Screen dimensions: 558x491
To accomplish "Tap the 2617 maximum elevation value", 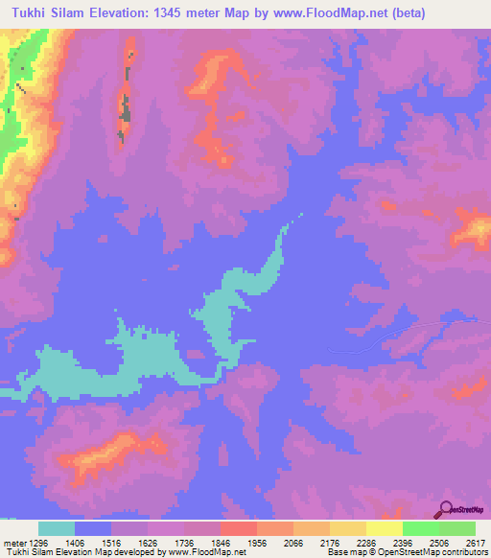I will (475, 541).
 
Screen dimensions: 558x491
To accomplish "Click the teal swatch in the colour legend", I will (57, 528).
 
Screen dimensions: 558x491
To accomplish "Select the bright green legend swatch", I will (421, 528).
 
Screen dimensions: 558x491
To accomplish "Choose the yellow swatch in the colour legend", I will (385, 528).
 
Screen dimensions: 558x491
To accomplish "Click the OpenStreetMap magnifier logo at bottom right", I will (447, 509).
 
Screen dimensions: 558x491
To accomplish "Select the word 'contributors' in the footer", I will (461, 551).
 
